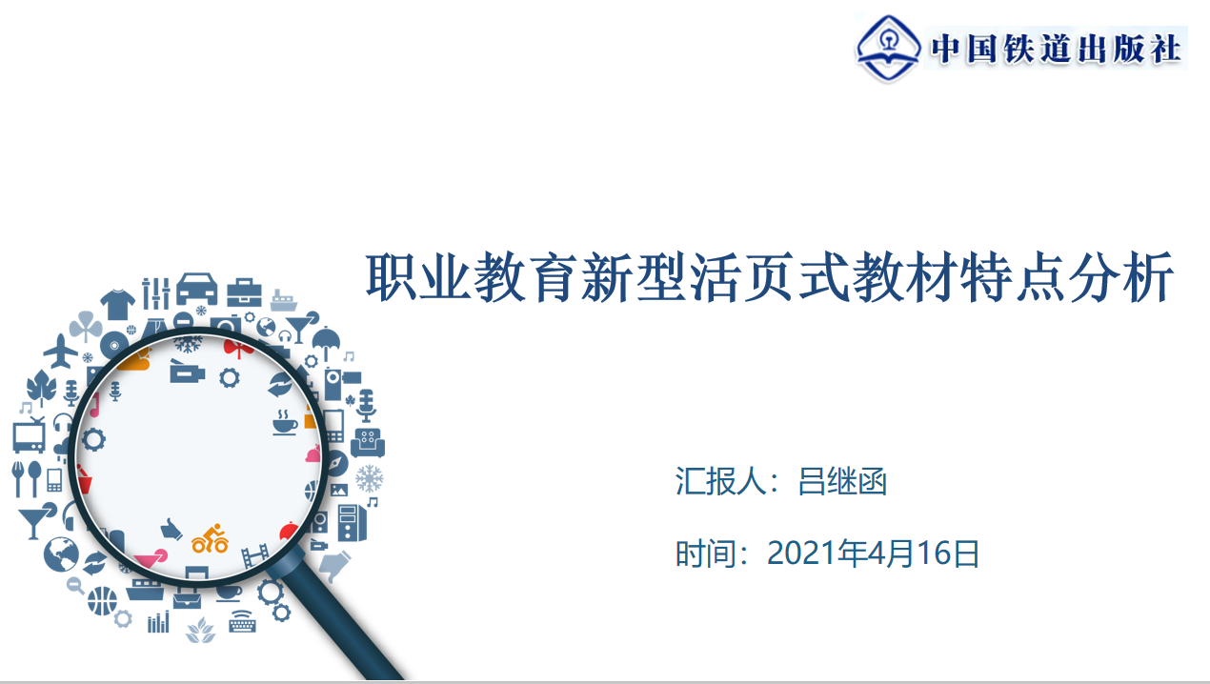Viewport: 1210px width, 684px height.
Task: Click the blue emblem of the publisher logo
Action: (888, 49)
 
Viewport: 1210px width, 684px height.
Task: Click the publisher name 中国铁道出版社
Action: (1056, 49)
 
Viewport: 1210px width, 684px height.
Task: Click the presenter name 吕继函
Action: (842, 481)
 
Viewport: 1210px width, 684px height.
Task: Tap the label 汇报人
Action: (719, 481)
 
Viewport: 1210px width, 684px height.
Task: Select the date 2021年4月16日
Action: (873, 553)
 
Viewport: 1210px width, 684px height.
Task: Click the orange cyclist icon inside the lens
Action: (211, 538)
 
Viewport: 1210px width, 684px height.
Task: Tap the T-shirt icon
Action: (118, 305)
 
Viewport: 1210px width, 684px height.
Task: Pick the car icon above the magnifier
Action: (197, 289)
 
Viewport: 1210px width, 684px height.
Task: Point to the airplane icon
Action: (61, 352)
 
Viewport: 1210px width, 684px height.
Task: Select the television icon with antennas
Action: (30, 435)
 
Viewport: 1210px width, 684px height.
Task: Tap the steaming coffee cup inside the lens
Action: (285, 423)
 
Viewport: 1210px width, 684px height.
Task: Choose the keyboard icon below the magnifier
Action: (242, 622)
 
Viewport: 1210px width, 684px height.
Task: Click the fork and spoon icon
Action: (27, 478)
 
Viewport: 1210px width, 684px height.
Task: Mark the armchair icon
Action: (368, 443)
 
